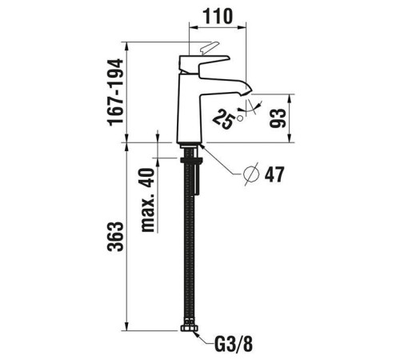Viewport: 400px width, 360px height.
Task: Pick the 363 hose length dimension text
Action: (x=118, y=238)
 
